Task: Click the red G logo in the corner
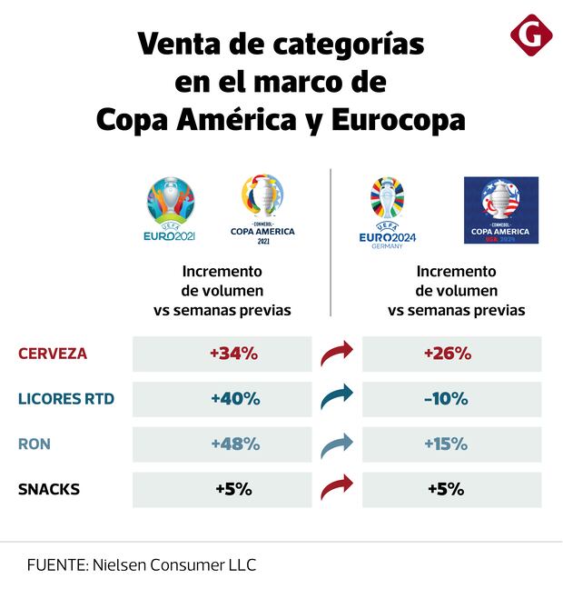coord(532,35)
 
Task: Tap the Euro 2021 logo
coord(170,210)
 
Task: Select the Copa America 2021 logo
coord(262,208)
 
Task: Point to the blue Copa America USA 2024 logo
coord(501,210)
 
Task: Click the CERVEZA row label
coord(53,354)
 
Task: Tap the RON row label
coord(35,444)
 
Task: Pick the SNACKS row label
coord(49,489)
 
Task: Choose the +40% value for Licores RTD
coord(235,398)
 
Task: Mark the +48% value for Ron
coord(235,444)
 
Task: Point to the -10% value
coord(446,398)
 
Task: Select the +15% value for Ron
coord(446,444)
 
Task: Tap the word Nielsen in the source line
coord(123,564)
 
